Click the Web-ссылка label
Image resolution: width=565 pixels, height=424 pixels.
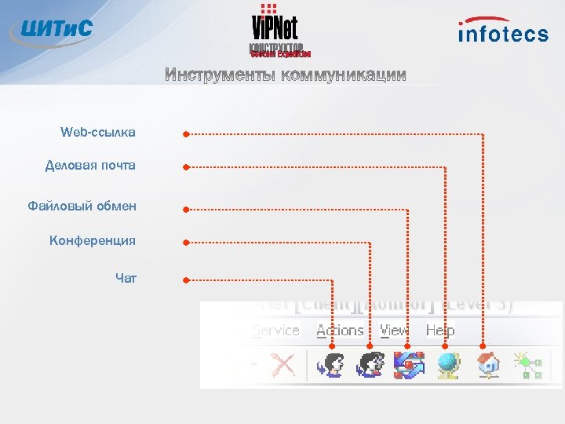coord(97,133)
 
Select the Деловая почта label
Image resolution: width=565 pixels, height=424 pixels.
coord(90,166)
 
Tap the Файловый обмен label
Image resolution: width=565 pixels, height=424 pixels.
coord(82,207)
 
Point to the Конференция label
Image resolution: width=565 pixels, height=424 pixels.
coord(93,240)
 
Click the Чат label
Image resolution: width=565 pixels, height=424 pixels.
coord(126,277)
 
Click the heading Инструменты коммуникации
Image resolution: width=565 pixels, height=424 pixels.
coord(286,75)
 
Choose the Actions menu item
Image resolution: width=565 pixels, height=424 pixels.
coord(340,331)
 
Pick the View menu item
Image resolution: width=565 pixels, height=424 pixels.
coord(394,331)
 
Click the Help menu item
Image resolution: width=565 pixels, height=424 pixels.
coord(440,331)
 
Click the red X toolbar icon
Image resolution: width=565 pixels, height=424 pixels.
coord(282,365)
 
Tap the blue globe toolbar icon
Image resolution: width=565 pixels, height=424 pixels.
coord(448,365)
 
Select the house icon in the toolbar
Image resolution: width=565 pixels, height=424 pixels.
coord(487,365)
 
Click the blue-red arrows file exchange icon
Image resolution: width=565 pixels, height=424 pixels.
coord(409,365)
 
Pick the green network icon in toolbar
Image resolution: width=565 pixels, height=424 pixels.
coord(525,365)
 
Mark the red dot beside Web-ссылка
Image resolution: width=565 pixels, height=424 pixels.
coord(186,134)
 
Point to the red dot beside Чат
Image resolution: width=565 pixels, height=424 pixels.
coord(186,280)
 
